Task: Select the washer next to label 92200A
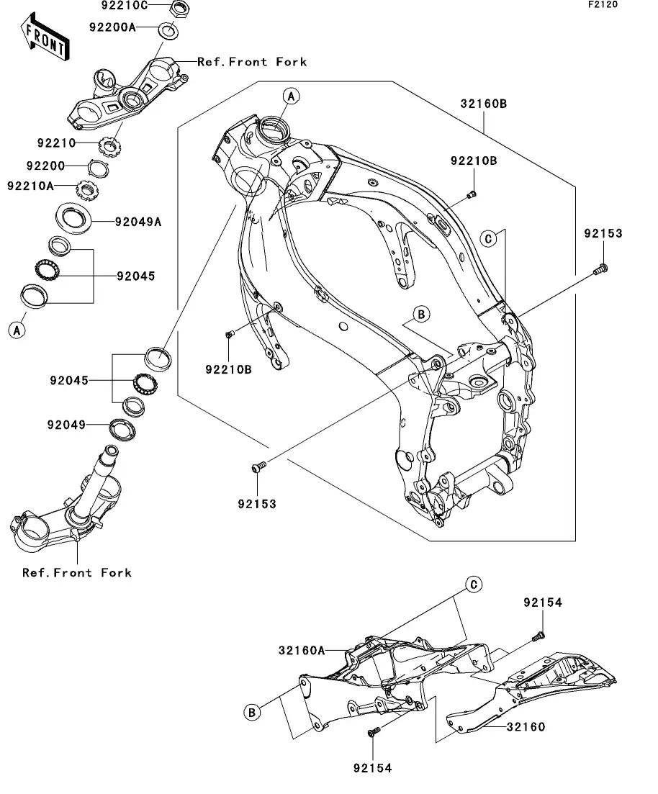pos(168,30)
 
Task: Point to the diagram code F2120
pos(603,4)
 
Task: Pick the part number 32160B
pos(483,104)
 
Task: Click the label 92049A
pos(138,222)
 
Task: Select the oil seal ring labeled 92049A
pos(73,218)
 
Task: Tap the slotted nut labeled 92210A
pos(86,190)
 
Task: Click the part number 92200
pos(45,166)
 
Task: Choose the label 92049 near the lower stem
pos(66,425)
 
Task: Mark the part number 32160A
pos(302,650)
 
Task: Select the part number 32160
pos(526,727)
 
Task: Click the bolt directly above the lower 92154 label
pos(374,731)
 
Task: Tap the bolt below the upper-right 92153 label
pos(600,269)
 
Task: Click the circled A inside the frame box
pos(291,96)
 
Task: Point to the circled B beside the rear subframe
pos(252,713)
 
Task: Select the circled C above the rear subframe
pos(474,585)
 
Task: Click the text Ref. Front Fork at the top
pos(252,62)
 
